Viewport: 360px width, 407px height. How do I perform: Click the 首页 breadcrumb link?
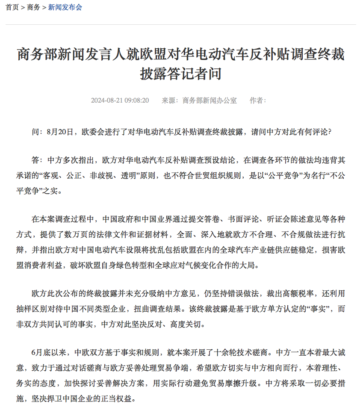pyautogui.click(x=12, y=7)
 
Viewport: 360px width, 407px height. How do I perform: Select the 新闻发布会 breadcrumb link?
pyautogui.click(x=65, y=7)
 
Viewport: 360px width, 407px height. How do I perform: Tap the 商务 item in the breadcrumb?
pyautogui.click(x=33, y=7)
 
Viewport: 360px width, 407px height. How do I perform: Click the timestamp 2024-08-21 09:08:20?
pyautogui.click(x=120, y=100)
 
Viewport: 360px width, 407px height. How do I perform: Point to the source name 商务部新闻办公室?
pyautogui.click(x=210, y=100)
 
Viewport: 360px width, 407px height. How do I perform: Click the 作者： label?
pyautogui.click(x=258, y=100)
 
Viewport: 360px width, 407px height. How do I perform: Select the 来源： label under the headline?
pyautogui.click(x=170, y=100)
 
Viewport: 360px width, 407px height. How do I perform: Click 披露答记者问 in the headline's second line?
pyautogui.click(x=180, y=74)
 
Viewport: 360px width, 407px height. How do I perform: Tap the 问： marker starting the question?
pyautogui.click(x=37, y=132)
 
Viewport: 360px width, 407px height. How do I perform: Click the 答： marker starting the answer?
pyautogui.click(x=37, y=161)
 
